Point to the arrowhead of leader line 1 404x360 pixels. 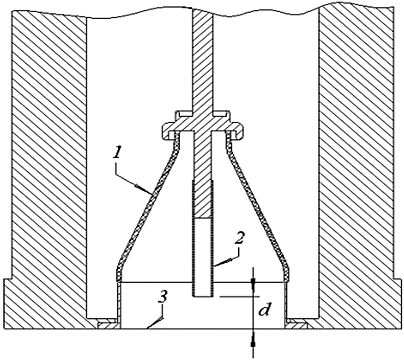point(150,192)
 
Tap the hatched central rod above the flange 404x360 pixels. point(202,58)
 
